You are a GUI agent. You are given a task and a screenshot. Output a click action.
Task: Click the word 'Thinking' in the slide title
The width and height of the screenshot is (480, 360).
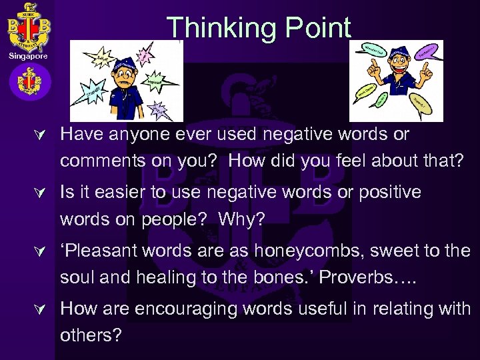click(214, 29)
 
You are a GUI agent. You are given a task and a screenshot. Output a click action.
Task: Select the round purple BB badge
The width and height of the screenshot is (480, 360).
click(28, 83)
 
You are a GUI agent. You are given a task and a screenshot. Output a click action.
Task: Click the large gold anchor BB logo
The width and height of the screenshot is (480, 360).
click(28, 27)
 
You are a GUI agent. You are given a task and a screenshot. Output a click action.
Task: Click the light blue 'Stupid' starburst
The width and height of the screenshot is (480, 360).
click(93, 92)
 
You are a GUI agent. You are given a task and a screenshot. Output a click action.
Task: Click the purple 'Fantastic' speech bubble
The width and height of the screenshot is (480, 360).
click(428, 51)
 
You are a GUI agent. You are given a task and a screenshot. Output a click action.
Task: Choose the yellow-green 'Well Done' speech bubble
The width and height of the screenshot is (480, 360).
click(366, 91)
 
